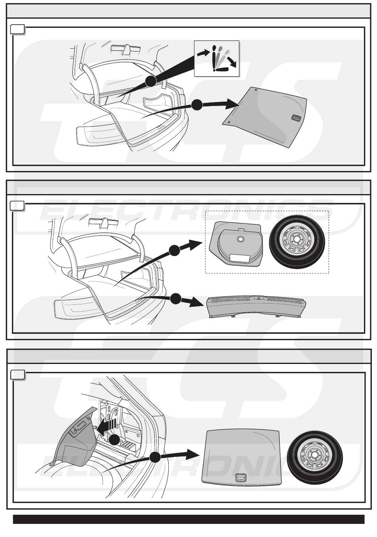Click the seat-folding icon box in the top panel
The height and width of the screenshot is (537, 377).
pos(217,58)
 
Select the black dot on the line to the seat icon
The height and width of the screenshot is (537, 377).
pos(150,81)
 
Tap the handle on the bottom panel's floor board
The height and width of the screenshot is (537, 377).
pos(240,478)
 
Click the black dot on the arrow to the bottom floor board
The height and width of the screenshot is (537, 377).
pos(155,458)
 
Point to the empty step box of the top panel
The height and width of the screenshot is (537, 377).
pos(17,29)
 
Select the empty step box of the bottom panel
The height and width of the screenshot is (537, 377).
pos(17,375)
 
